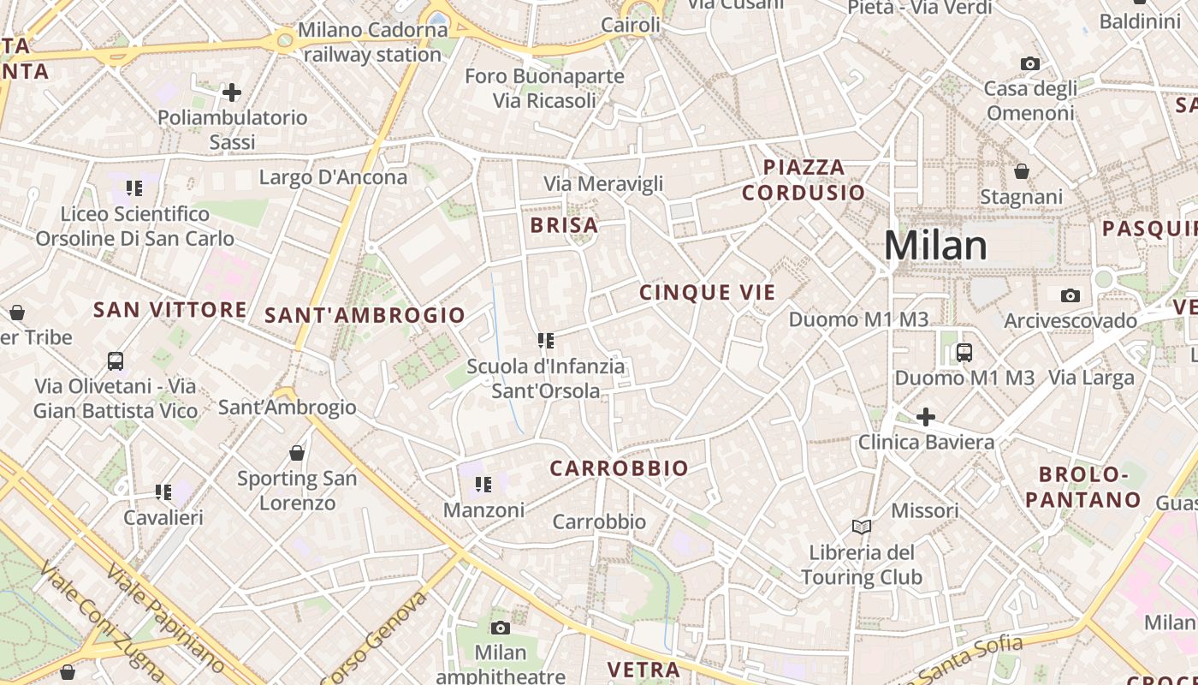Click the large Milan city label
(935, 246)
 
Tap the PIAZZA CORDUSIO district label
(804, 180)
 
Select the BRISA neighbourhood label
(564, 225)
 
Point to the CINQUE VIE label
(708, 293)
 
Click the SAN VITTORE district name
(170, 310)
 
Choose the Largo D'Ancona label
(333, 177)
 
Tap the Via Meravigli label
(603, 183)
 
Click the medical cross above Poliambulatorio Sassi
(231, 92)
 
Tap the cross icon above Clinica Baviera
(925, 417)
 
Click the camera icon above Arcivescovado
(1070, 296)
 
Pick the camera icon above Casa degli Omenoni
(1030, 63)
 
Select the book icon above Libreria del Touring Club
(862, 527)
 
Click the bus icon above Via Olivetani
(116, 361)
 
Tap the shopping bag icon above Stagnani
(1021, 172)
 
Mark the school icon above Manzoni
(483, 485)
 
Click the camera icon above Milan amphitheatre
(501, 628)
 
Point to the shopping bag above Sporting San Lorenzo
(297, 453)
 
